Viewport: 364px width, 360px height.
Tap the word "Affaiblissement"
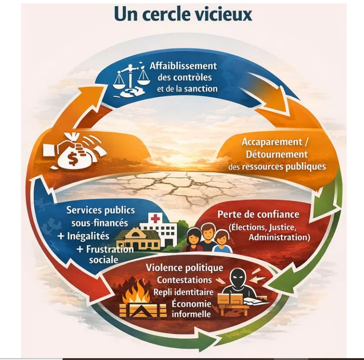coord(183,66)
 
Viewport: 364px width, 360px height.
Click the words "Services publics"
coord(101,210)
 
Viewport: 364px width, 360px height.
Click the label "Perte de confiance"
coord(258,215)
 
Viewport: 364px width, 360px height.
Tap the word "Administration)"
coord(279,238)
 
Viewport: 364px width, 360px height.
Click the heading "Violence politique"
coord(184,268)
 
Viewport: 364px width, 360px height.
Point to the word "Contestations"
coord(184,280)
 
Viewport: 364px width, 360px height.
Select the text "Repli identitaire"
coord(183,292)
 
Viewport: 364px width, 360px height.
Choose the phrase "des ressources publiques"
coord(277,166)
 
